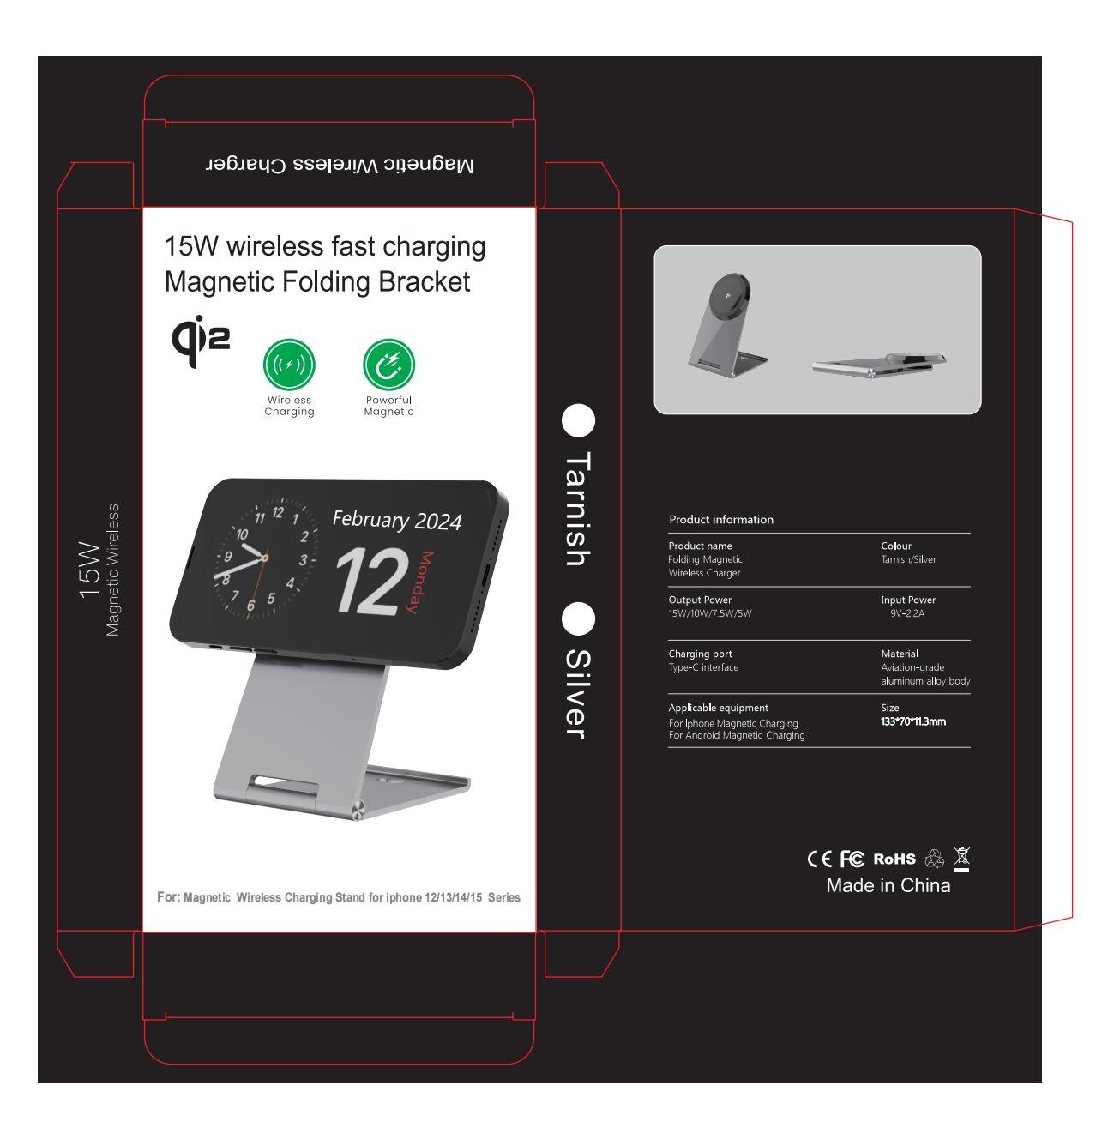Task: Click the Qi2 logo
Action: [x=199, y=340]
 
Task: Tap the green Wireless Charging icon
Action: [x=288, y=364]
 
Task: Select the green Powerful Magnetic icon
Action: [x=388, y=364]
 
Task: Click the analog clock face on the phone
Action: [x=266, y=557]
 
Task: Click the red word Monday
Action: [x=420, y=582]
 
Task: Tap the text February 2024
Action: [x=396, y=520]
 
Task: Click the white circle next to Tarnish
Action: [x=577, y=419]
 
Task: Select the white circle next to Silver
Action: [x=577, y=618]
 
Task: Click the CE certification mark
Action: [x=818, y=858]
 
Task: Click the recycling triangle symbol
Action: [x=933, y=858]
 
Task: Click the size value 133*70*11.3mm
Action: [x=912, y=721]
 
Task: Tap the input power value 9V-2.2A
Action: [x=906, y=613]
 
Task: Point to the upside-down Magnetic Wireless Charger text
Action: [x=339, y=165]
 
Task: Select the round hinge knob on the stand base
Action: [x=358, y=811]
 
